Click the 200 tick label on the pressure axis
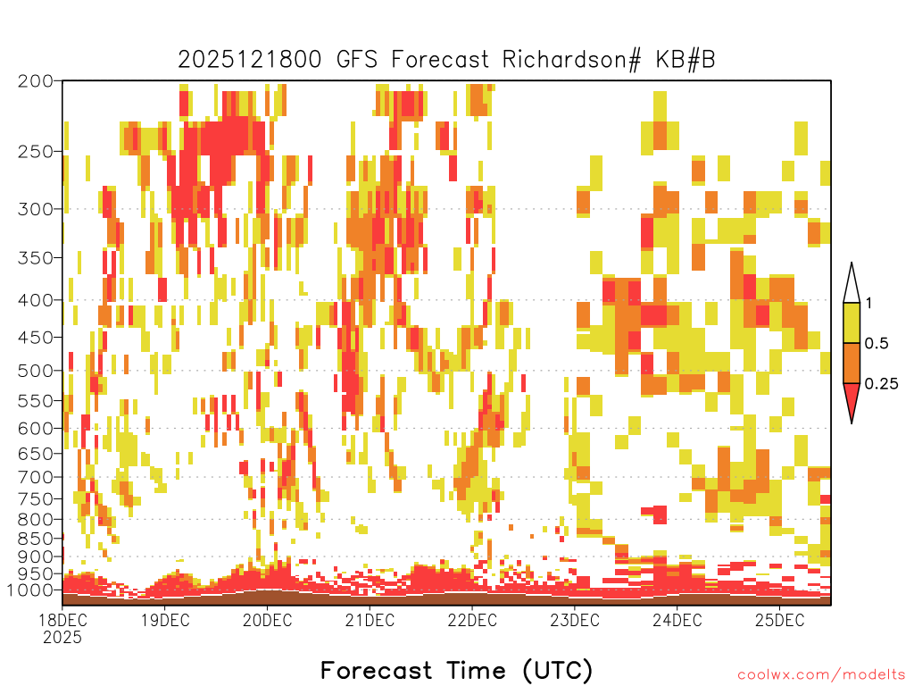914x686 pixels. pos(35,81)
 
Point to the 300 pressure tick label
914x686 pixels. pos(35,209)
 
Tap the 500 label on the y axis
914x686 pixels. pos(35,371)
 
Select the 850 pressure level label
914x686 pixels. pos(35,539)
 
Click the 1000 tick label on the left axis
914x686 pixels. pos(31,590)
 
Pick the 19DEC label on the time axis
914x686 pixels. pos(165,620)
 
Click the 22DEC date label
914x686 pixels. pos(472,620)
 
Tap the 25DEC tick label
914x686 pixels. pos(779,620)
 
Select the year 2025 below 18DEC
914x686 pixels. pos(62,638)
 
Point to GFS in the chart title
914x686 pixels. pos(357,60)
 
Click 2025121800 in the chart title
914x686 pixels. pos(250,60)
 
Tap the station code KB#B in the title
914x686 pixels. pos(685,60)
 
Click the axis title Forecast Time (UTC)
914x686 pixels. pos(456,670)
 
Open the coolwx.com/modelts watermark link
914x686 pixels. pos(821,675)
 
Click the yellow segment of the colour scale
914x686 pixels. pos(852,322)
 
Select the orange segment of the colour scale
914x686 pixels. pos(852,363)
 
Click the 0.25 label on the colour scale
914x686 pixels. pos(881,383)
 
